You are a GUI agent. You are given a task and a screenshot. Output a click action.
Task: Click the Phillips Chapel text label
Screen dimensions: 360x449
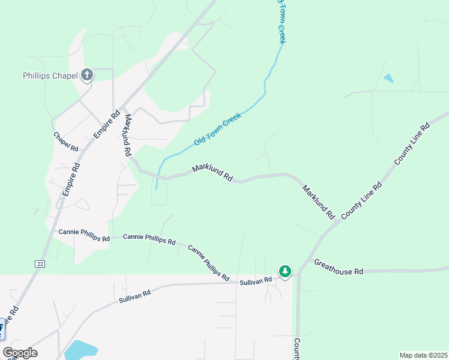coord(50,76)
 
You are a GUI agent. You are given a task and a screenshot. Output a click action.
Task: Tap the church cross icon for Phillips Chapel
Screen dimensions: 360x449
coord(87,75)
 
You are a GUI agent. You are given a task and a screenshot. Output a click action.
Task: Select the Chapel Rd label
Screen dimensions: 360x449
coord(66,142)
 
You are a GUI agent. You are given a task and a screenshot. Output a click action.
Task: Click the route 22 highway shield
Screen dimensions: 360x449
coord(40,263)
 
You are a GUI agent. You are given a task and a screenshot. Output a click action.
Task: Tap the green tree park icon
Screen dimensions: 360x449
coord(285,272)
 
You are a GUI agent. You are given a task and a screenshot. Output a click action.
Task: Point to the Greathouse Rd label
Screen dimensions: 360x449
coord(339,267)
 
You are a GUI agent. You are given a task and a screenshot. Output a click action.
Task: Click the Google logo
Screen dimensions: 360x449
coord(20,353)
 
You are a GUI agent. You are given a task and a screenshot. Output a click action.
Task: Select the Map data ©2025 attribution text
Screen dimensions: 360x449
coord(423,355)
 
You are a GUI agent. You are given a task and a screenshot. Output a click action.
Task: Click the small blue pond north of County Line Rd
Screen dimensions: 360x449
coord(389,78)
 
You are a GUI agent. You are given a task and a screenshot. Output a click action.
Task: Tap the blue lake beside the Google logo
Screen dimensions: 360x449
coord(80,350)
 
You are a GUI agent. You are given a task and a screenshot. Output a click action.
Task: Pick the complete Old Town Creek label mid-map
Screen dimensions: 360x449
coord(217,129)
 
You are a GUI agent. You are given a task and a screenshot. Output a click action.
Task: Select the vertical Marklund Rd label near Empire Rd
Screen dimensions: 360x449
coord(127,135)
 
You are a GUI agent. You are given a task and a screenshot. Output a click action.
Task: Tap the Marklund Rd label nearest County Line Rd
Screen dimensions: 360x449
coord(318,202)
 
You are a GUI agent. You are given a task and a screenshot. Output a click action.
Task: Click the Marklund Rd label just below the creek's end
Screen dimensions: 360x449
coord(212,173)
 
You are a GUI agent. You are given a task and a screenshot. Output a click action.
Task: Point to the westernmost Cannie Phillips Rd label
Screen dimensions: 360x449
coord(84,235)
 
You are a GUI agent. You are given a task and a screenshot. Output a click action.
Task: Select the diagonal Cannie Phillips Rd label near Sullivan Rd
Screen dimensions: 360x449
coord(208,263)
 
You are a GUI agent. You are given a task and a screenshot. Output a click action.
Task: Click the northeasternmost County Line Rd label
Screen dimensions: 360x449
coord(412,145)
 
